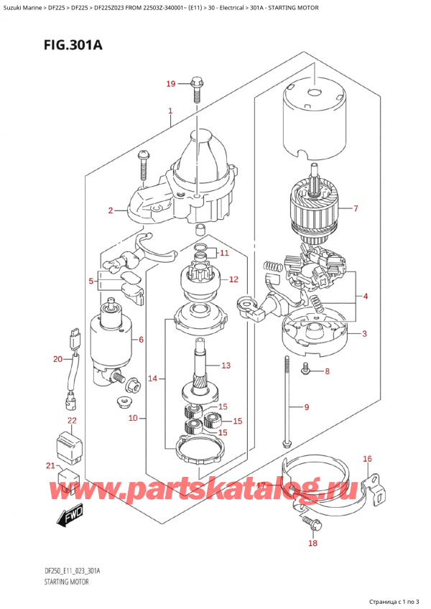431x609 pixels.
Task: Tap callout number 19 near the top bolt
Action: [171, 83]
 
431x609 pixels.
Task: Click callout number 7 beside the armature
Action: [355, 208]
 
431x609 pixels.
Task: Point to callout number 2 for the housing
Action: [111, 210]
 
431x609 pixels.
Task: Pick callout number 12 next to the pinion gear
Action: [233, 279]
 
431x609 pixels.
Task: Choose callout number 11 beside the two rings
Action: [224, 254]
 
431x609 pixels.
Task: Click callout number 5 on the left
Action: [91, 280]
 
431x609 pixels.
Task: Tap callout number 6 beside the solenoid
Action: [141, 340]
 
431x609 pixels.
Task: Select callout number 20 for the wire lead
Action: [57, 359]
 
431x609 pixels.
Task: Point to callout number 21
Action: [50, 465]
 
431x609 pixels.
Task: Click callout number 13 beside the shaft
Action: [226, 365]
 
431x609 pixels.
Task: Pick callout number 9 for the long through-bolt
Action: [306, 407]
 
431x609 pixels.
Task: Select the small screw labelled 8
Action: [305, 368]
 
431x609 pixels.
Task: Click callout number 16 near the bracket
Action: [367, 459]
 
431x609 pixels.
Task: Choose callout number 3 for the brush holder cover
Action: [364, 333]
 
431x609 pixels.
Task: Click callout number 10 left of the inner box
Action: [133, 418]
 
